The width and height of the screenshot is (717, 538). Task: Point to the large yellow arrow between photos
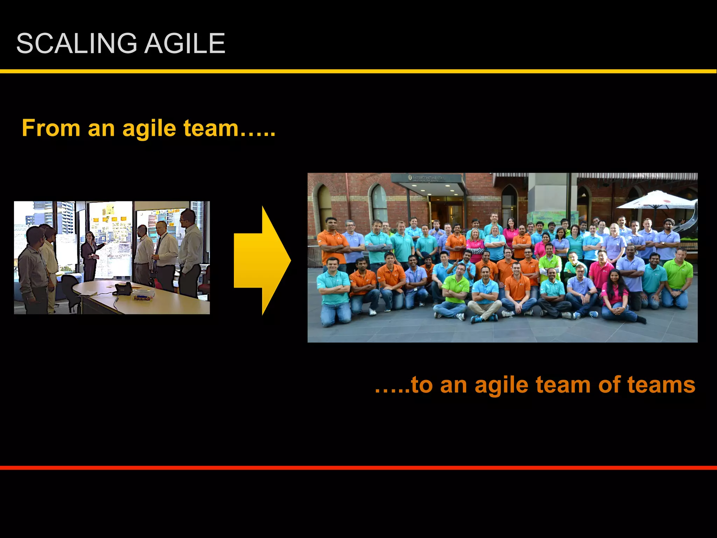(x=262, y=260)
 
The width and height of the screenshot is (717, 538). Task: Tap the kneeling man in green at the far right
(x=676, y=280)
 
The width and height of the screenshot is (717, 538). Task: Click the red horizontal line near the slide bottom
(x=358, y=468)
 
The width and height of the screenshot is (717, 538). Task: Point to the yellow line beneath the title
(x=358, y=71)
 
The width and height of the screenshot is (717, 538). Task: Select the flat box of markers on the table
(x=143, y=297)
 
